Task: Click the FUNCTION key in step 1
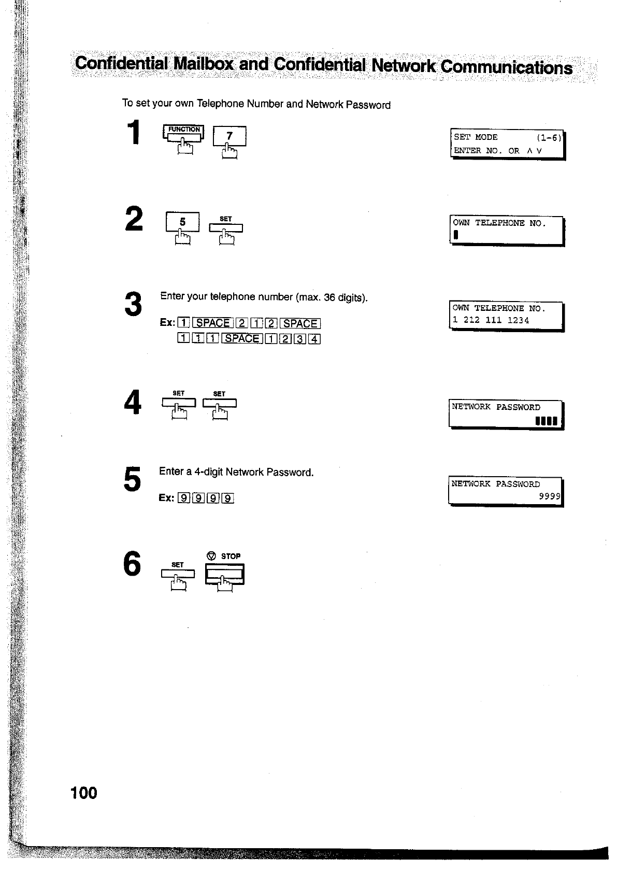tap(183, 133)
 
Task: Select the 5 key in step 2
tap(182, 222)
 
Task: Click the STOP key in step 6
tap(224, 574)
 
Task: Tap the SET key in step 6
tap(178, 573)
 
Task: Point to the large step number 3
tap(133, 304)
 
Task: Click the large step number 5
tap(132, 479)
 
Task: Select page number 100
tap(83, 793)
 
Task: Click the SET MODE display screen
tap(507, 144)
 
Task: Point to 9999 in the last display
tap(550, 496)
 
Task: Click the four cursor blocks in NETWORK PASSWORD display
tap(547, 421)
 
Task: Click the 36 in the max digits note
tap(329, 297)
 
